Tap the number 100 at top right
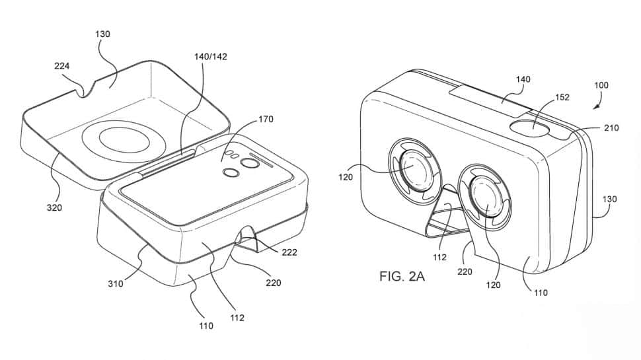pyautogui.click(x=601, y=85)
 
